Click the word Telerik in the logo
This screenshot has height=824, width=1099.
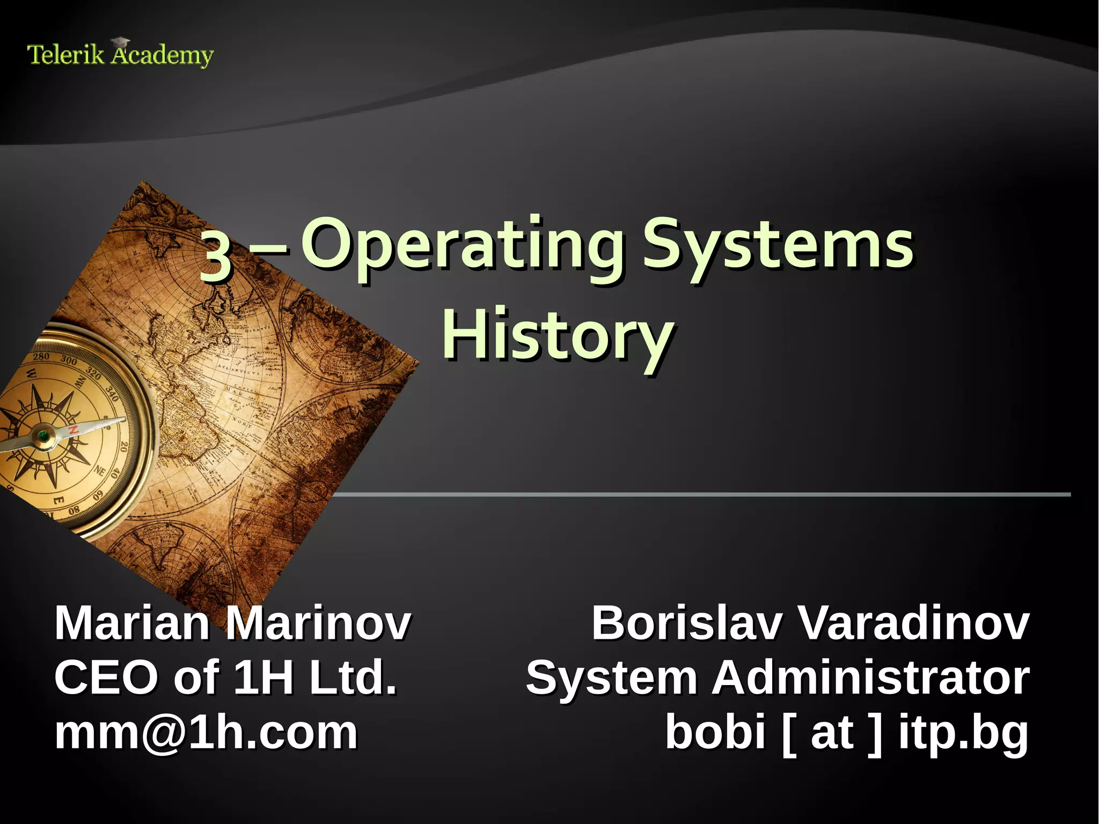pyautogui.click(x=65, y=55)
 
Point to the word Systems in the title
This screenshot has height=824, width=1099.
pyautogui.click(x=778, y=246)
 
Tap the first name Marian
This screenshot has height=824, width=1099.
pyautogui.click(x=132, y=624)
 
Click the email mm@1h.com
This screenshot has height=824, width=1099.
pyautogui.click(x=206, y=733)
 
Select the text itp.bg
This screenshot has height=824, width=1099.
pyautogui.click(x=963, y=733)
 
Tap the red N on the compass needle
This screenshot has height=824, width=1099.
pyautogui.click(x=73, y=430)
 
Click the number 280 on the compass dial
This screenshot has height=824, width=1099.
pyautogui.click(x=41, y=357)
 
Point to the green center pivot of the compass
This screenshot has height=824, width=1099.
pyautogui.click(x=42, y=436)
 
